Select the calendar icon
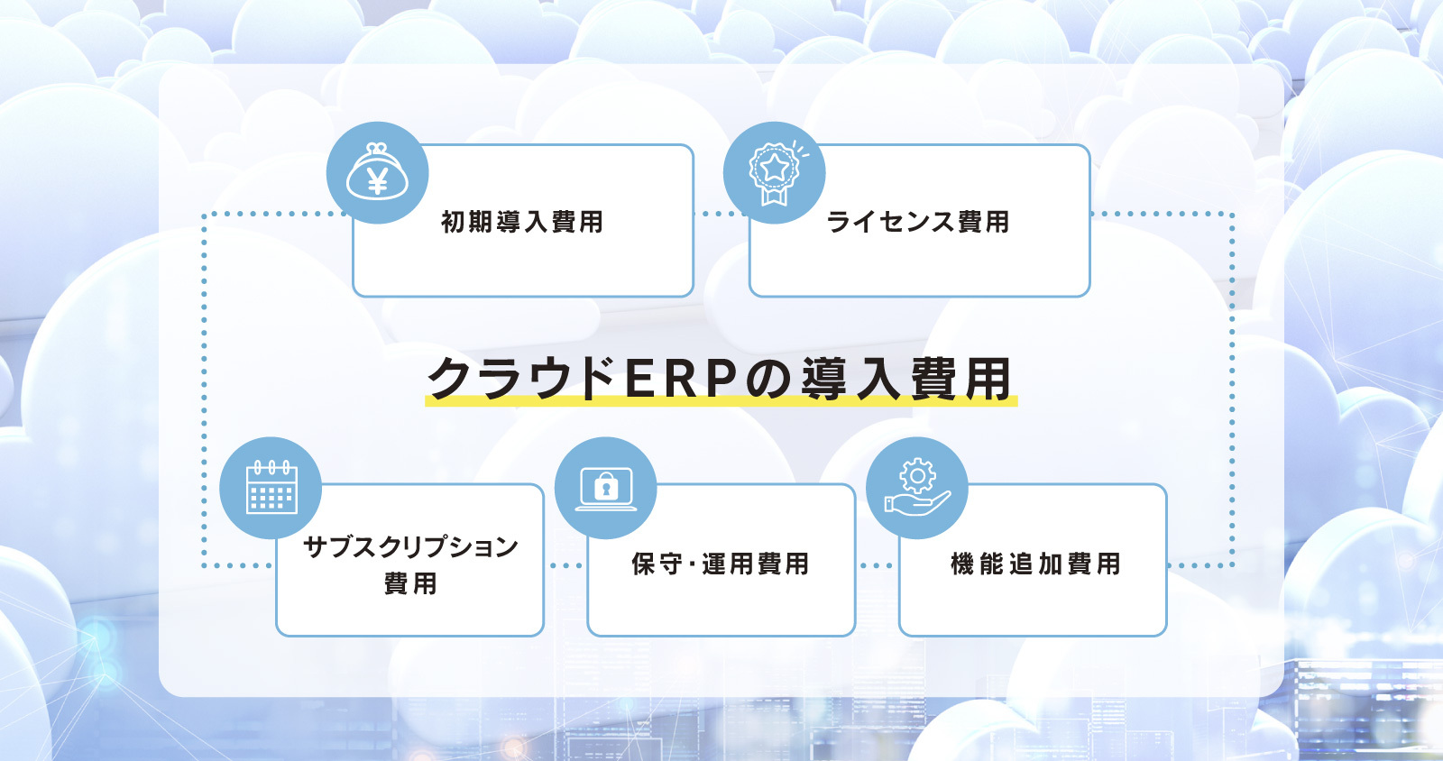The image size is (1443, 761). [271, 488]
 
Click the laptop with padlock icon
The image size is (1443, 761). [605, 489]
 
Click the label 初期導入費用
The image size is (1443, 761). [522, 222]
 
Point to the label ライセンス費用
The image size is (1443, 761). [918, 222]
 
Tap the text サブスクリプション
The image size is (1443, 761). [410, 546]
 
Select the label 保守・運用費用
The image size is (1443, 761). [721, 564]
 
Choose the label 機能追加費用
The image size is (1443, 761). [1035, 564]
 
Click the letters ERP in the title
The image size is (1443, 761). [681, 379]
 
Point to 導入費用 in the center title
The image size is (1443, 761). [905, 379]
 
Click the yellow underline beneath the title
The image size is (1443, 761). [721, 401]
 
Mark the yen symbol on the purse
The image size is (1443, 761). [378, 180]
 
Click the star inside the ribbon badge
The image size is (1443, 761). [774, 168]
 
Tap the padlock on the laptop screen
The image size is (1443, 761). [605, 486]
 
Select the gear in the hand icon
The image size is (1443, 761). [918, 476]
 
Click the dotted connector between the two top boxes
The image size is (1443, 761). [721, 214]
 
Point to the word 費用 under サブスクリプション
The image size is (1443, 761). [410, 584]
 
